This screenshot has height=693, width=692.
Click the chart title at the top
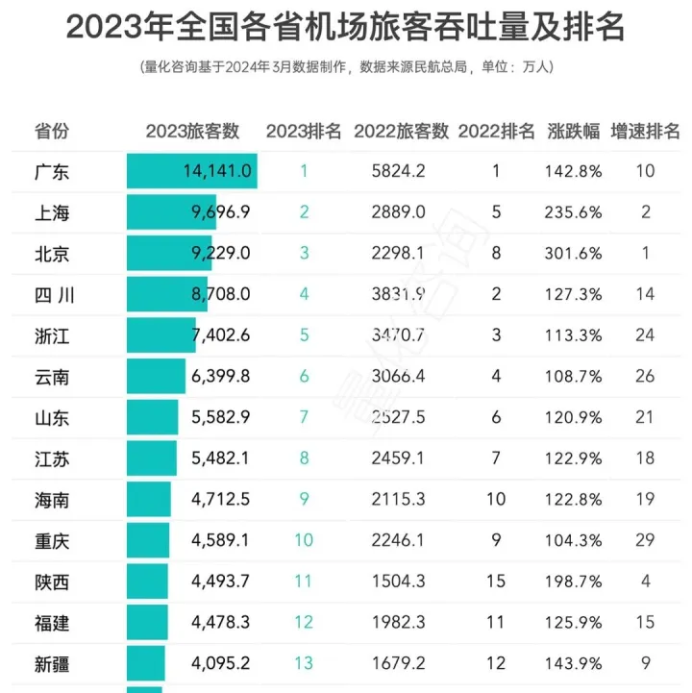coord(346,28)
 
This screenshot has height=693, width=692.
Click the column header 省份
coord(52,132)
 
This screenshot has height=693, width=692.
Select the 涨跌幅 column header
coord(574,132)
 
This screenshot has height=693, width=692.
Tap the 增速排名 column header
coord(645,132)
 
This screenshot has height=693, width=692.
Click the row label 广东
coord(52,172)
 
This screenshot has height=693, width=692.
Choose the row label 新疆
coord(52,662)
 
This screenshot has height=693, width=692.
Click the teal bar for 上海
coord(171,212)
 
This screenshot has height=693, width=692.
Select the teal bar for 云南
coord(156,376)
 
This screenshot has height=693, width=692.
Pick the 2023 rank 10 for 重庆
coord(304,539)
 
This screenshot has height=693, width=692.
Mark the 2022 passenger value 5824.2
coord(400,172)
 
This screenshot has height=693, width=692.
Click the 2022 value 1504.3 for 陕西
coord(400,581)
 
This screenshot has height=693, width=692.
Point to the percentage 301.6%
coord(575,254)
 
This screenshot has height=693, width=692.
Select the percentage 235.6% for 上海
coord(575,212)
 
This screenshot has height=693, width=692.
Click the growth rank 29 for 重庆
coord(645,539)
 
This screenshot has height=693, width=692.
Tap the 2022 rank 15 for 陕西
coord(496,581)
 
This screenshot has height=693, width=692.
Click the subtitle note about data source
coord(346,67)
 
